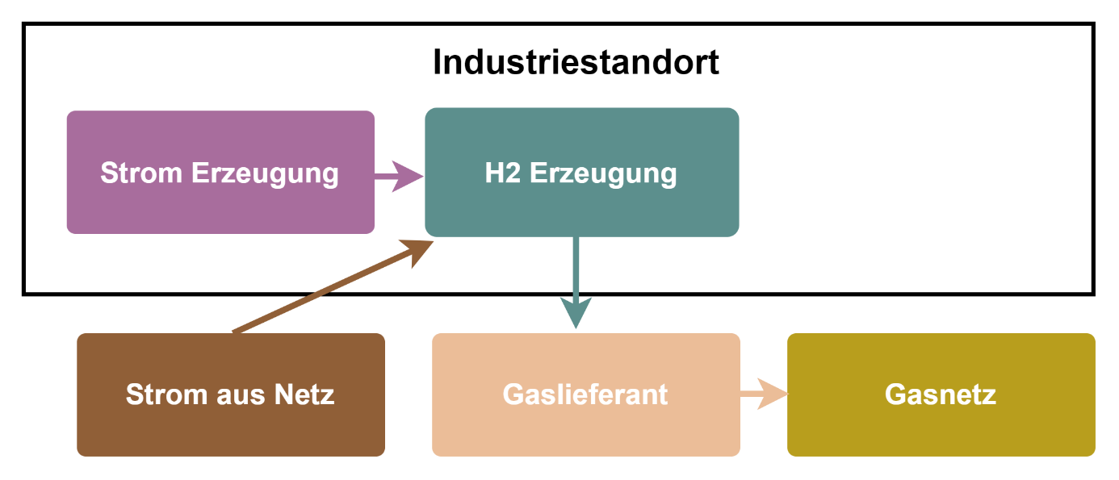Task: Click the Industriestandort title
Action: (x=576, y=63)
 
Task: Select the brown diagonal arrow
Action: (x=323, y=291)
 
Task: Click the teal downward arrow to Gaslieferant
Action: (x=576, y=274)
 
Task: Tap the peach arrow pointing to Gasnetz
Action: (x=763, y=394)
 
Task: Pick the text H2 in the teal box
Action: (x=503, y=173)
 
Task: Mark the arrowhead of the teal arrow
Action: (x=576, y=313)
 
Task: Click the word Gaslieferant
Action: (x=585, y=394)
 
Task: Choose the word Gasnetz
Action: (x=941, y=394)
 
